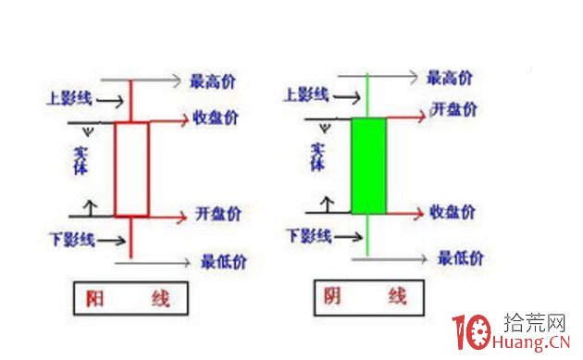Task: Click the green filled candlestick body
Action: tap(368, 166)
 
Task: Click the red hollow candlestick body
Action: tap(130, 169)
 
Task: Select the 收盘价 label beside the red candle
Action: tap(217, 119)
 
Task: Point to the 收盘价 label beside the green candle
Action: tap(454, 212)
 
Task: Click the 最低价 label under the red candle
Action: tap(219, 262)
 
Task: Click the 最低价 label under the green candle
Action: tap(460, 257)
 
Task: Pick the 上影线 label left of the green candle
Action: tap(305, 93)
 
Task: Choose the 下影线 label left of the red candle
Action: tap(72, 241)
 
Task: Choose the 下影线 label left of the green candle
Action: tap(309, 234)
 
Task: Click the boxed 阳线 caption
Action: tap(129, 298)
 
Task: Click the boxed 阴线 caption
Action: tap(366, 296)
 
